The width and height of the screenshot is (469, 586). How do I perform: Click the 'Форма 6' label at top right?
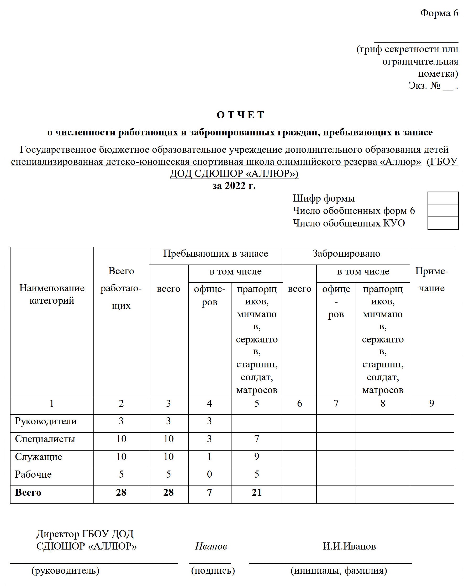coord(439,13)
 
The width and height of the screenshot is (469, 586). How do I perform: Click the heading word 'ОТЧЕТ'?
coord(240,115)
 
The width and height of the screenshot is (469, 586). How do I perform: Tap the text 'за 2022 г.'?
coord(234,186)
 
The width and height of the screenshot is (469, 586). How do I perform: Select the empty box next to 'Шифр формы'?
coord(443,198)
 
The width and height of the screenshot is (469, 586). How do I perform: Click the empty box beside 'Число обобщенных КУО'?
coord(443,223)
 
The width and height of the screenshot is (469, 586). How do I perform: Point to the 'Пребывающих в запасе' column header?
coord(216,254)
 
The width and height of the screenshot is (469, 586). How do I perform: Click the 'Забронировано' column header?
coord(346,254)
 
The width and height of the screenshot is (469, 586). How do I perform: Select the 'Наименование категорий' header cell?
coord(52,294)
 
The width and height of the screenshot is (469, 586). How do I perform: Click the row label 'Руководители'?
coord(46,421)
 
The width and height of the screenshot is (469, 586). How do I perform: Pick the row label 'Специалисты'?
coord(45,439)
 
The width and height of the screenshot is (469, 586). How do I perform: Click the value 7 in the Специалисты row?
coord(257,439)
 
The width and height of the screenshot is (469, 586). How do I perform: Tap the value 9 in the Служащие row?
coord(257,457)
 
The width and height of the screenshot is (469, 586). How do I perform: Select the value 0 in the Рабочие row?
coord(209,474)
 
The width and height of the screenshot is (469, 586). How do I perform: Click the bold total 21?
coord(257,493)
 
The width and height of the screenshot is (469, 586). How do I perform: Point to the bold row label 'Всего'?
coord(28,493)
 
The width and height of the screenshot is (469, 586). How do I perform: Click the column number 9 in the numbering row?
coord(431,403)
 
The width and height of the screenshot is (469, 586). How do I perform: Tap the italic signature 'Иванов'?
coord(211,546)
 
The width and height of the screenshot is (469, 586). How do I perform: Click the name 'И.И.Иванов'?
coord(349,546)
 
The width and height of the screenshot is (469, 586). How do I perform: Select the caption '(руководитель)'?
coord(65,570)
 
